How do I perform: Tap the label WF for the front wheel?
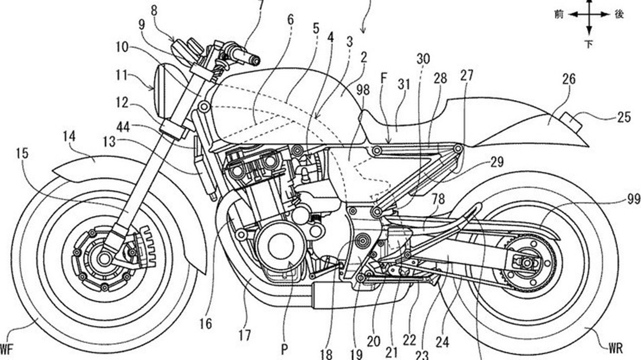pyautogui.click(x=7, y=349)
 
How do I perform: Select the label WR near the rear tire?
pyautogui.click(x=615, y=348)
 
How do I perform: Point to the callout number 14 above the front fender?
pyautogui.click(x=69, y=137)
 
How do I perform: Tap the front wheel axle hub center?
pyautogui.click(x=105, y=259)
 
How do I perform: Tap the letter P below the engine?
pyautogui.click(x=284, y=350)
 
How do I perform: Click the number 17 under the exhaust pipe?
pyautogui.click(x=244, y=335)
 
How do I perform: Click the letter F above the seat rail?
pyautogui.click(x=383, y=79)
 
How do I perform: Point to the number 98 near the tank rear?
pyautogui.click(x=364, y=91)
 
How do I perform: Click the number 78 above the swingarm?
pyautogui.click(x=439, y=199)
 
